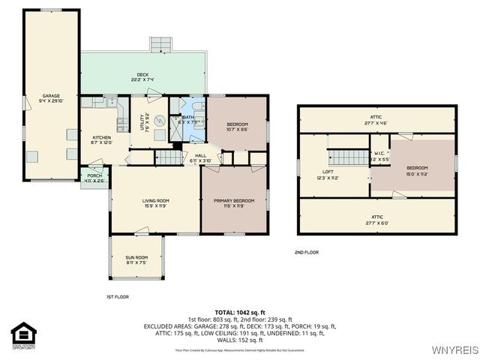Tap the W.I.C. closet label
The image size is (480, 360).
point(379,156)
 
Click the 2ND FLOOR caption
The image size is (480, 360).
point(306,253)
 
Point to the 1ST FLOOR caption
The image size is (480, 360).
point(118,297)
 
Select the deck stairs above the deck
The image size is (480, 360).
point(160,44)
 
